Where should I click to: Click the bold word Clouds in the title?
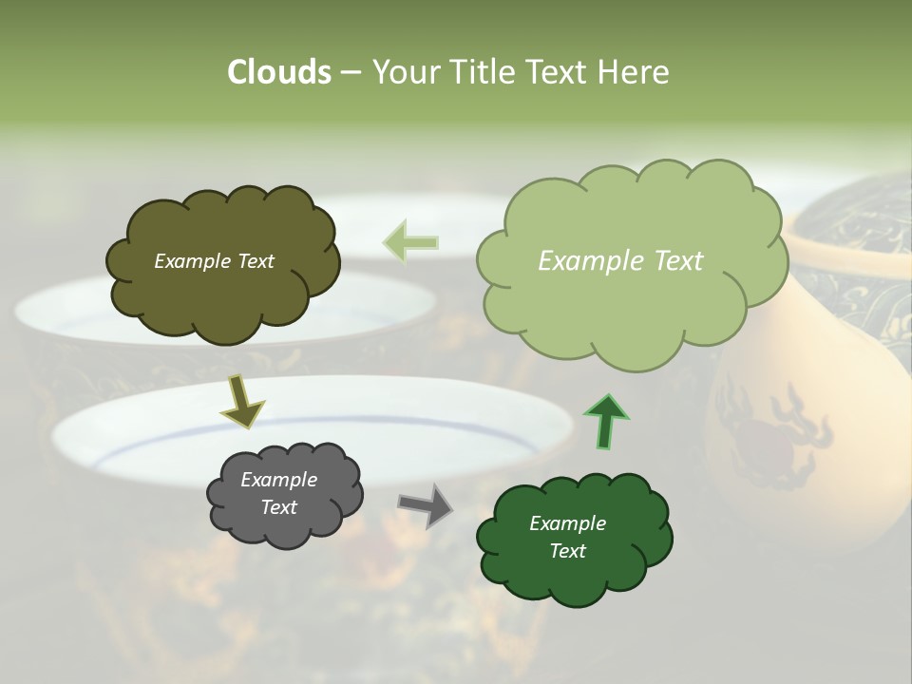click(x=278, y=72)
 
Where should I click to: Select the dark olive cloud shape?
click(x=222, y=294)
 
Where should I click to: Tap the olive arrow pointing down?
click(x=242, y=401)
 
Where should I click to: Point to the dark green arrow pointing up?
click(x=605, y=421)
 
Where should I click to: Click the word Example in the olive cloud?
click(x=190, y=261)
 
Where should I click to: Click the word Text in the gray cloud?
click(x=279, y=507)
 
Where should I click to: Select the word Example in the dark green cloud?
click(x=567, y=523)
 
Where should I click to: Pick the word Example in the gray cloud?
click(x=278, y=480)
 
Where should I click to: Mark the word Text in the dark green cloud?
click(x=567, y=551)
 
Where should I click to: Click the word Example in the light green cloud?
click(x=590, y=261)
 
